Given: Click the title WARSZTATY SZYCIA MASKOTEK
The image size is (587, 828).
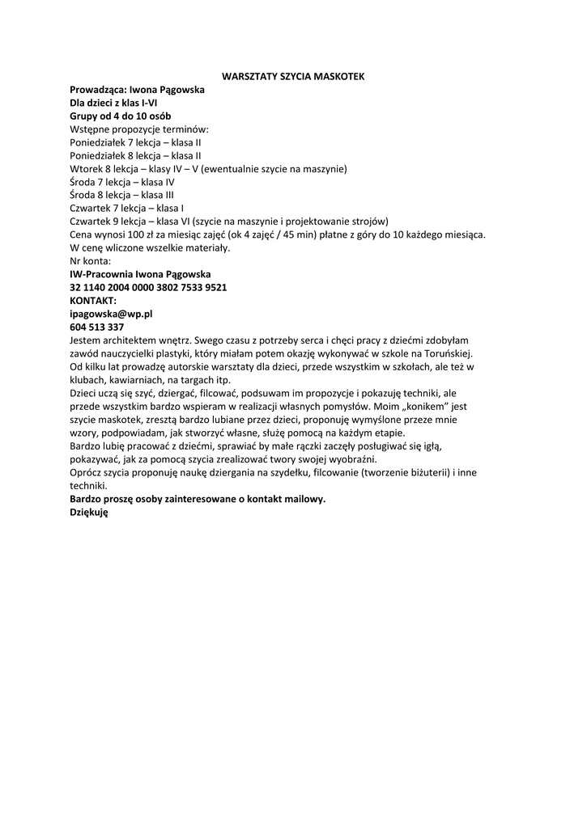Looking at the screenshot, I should point(293,76).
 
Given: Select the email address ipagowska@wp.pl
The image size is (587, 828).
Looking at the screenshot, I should point(112,314).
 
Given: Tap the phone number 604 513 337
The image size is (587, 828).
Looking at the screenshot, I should point(97,327).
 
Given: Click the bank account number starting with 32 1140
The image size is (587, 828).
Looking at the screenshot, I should point(148,287).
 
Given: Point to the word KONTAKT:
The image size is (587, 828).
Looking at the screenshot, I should point(93,300).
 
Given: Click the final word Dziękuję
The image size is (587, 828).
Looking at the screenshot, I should point(89,512).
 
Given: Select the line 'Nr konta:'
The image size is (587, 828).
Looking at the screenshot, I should point(91,261).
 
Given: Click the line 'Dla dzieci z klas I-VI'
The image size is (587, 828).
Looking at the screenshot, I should point(113,103).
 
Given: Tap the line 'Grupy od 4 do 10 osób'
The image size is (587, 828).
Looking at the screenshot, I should point(120,116).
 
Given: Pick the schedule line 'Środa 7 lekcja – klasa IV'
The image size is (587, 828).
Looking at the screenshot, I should point(122,182).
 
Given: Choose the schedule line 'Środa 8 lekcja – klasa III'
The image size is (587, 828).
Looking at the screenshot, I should point(121,195).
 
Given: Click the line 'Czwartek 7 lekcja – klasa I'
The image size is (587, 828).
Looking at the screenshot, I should point(127,208).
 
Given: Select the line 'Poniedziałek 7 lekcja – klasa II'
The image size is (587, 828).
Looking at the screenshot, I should point(136,142).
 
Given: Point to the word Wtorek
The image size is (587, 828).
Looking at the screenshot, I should point(86,169).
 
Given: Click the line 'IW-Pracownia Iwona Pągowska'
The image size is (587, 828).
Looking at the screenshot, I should point(140,274).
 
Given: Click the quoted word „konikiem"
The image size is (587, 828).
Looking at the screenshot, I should point(418,406).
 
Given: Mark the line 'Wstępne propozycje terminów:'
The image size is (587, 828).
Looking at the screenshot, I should point(139,129).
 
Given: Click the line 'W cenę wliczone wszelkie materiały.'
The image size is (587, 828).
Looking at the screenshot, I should point(150,247).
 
